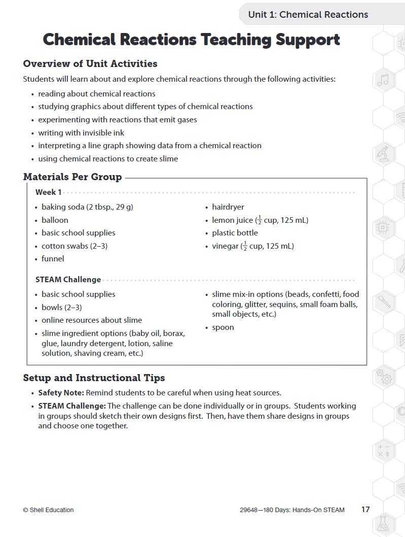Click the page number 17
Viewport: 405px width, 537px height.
tap(365, 510)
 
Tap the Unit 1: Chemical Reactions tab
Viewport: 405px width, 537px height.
tap(308, 15)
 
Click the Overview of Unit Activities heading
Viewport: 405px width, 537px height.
tap(90, 64)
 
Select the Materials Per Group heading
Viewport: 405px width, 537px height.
tap(72, 177)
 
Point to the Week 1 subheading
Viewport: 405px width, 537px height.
tap(48, 192)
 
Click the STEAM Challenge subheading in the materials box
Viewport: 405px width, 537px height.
tap(68, 280)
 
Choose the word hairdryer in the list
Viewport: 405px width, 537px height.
tap(228, 207)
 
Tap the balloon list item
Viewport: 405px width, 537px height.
tap(55, 220)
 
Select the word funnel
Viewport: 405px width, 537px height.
tap(53, 259)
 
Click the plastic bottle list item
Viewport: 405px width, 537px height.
tap(235, 233)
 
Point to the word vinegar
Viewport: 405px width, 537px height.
tap(225, 246)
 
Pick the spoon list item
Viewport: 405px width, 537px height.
tap(223, 327)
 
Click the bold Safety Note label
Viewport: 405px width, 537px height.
tap(61, 393)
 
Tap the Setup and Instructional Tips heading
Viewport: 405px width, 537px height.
tap(94, 378)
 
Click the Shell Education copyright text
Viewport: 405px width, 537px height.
tap(48, 510)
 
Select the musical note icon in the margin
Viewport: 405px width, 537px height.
tap(383, 80)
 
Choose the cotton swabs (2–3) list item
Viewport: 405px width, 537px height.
tap(74, 246)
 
